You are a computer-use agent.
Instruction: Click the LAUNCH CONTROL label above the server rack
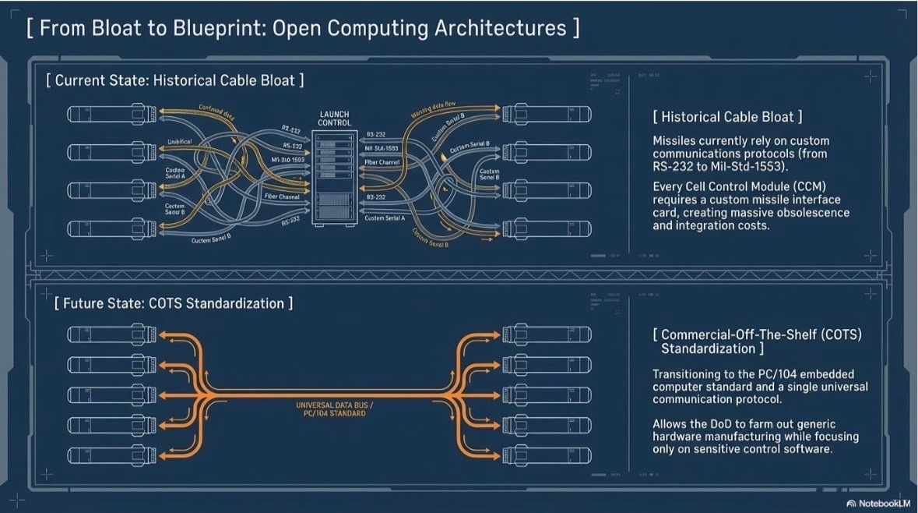(x=335, y=118)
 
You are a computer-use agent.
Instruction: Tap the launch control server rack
(x=334, y=179)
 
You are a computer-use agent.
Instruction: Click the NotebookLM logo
(x=877, y=503)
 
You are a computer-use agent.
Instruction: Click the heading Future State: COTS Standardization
(x=174, y=302)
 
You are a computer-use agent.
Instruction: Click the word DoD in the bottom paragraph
(x=727, y=424)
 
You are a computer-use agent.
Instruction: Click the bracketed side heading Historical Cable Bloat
(x=728, y=117)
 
